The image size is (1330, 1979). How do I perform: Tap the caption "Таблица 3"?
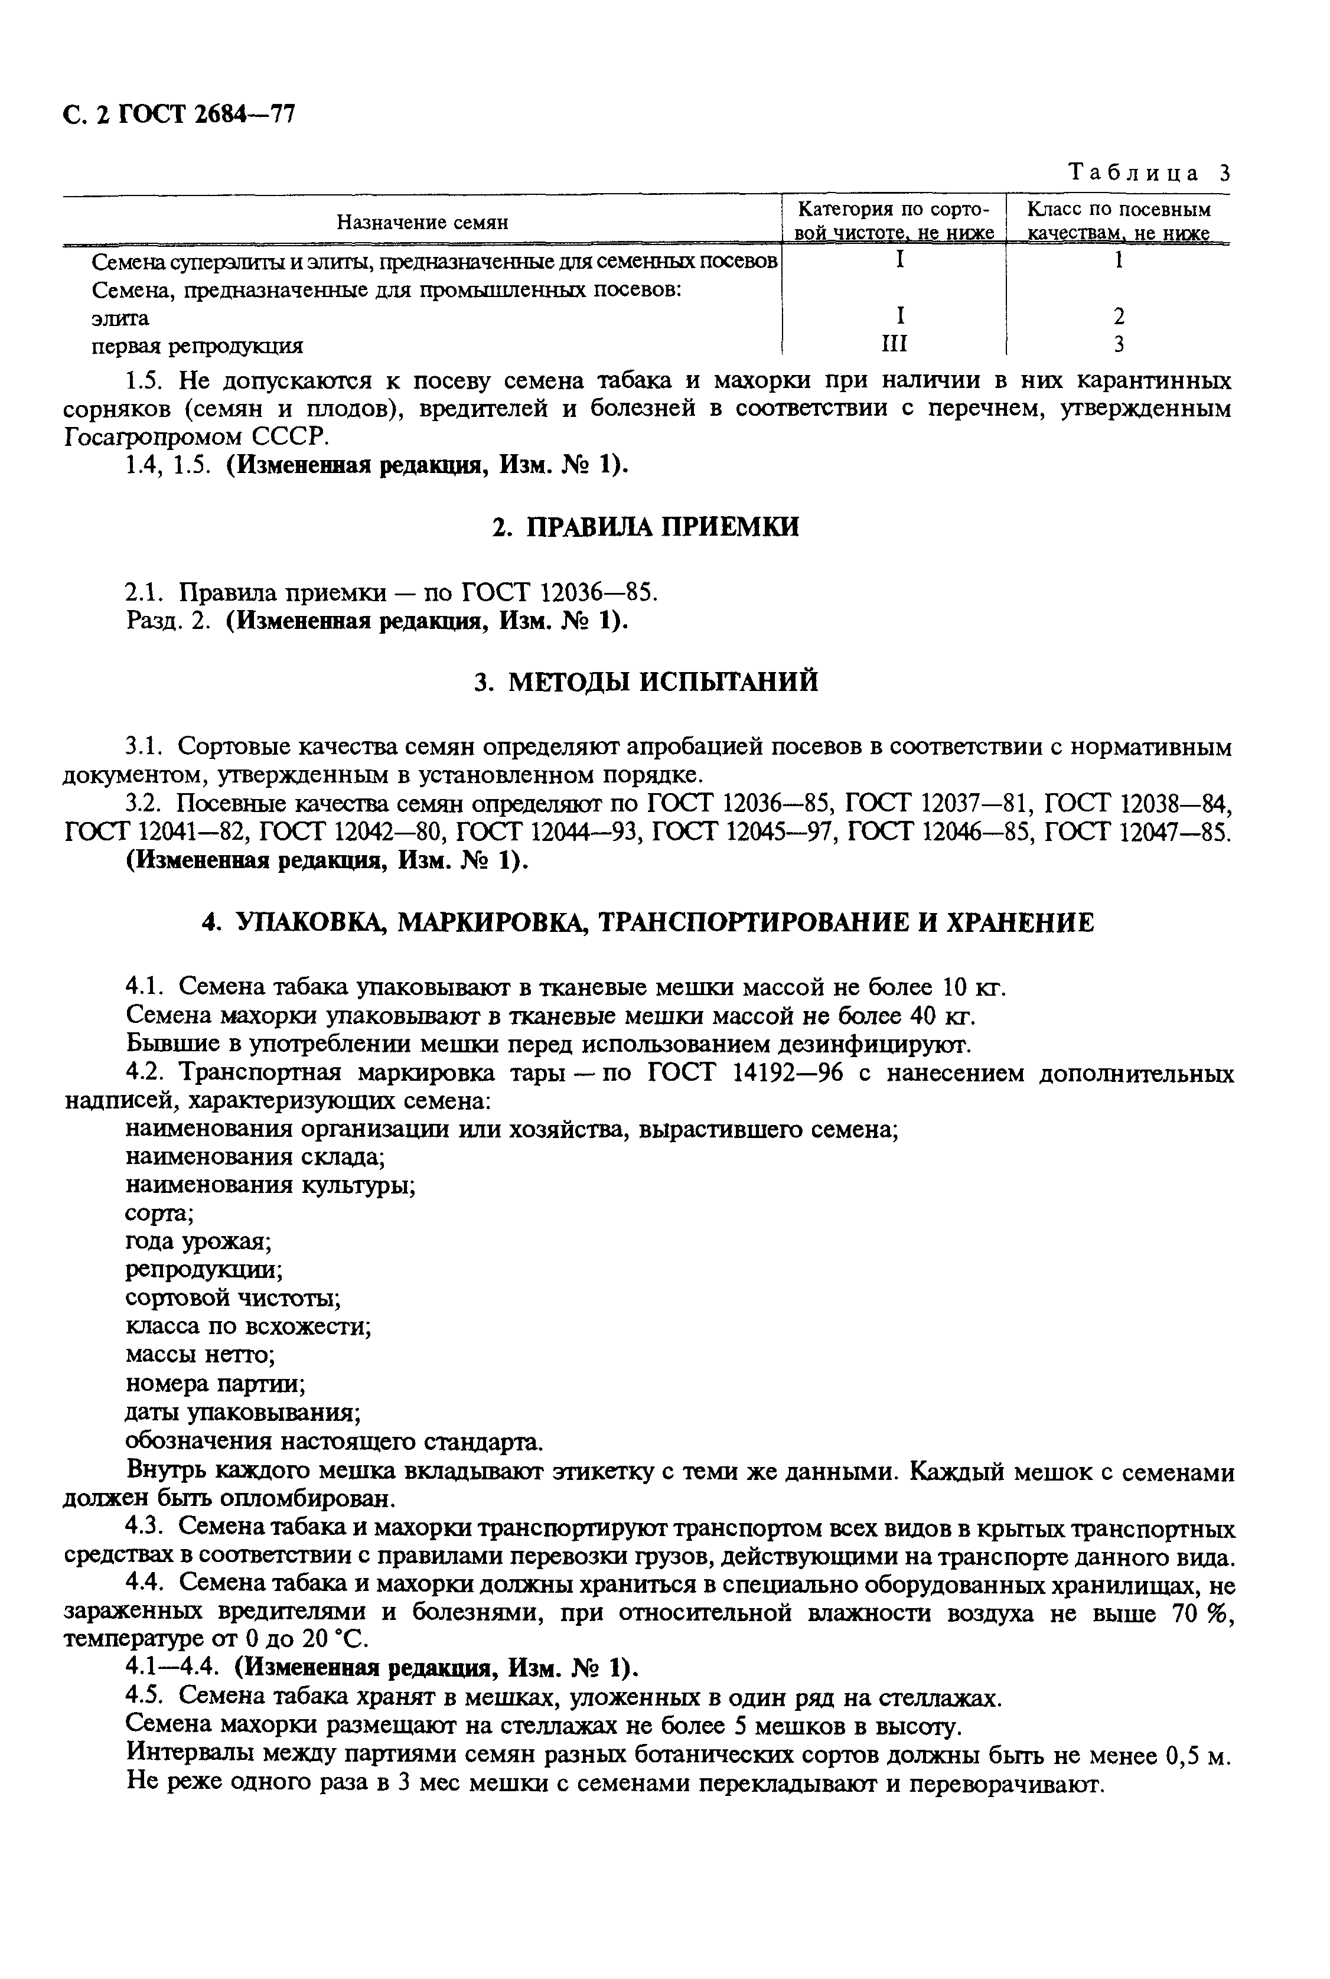coord(1149,173)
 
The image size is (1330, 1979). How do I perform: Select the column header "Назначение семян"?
coord(422,222)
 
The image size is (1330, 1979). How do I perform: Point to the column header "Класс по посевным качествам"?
coord(1118,220)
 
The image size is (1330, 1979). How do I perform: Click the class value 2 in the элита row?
coord(1119,317)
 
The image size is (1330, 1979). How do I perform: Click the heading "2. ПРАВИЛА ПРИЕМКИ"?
coord(646,527)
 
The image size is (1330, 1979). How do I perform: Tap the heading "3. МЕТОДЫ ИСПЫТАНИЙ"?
coord(646,682)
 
